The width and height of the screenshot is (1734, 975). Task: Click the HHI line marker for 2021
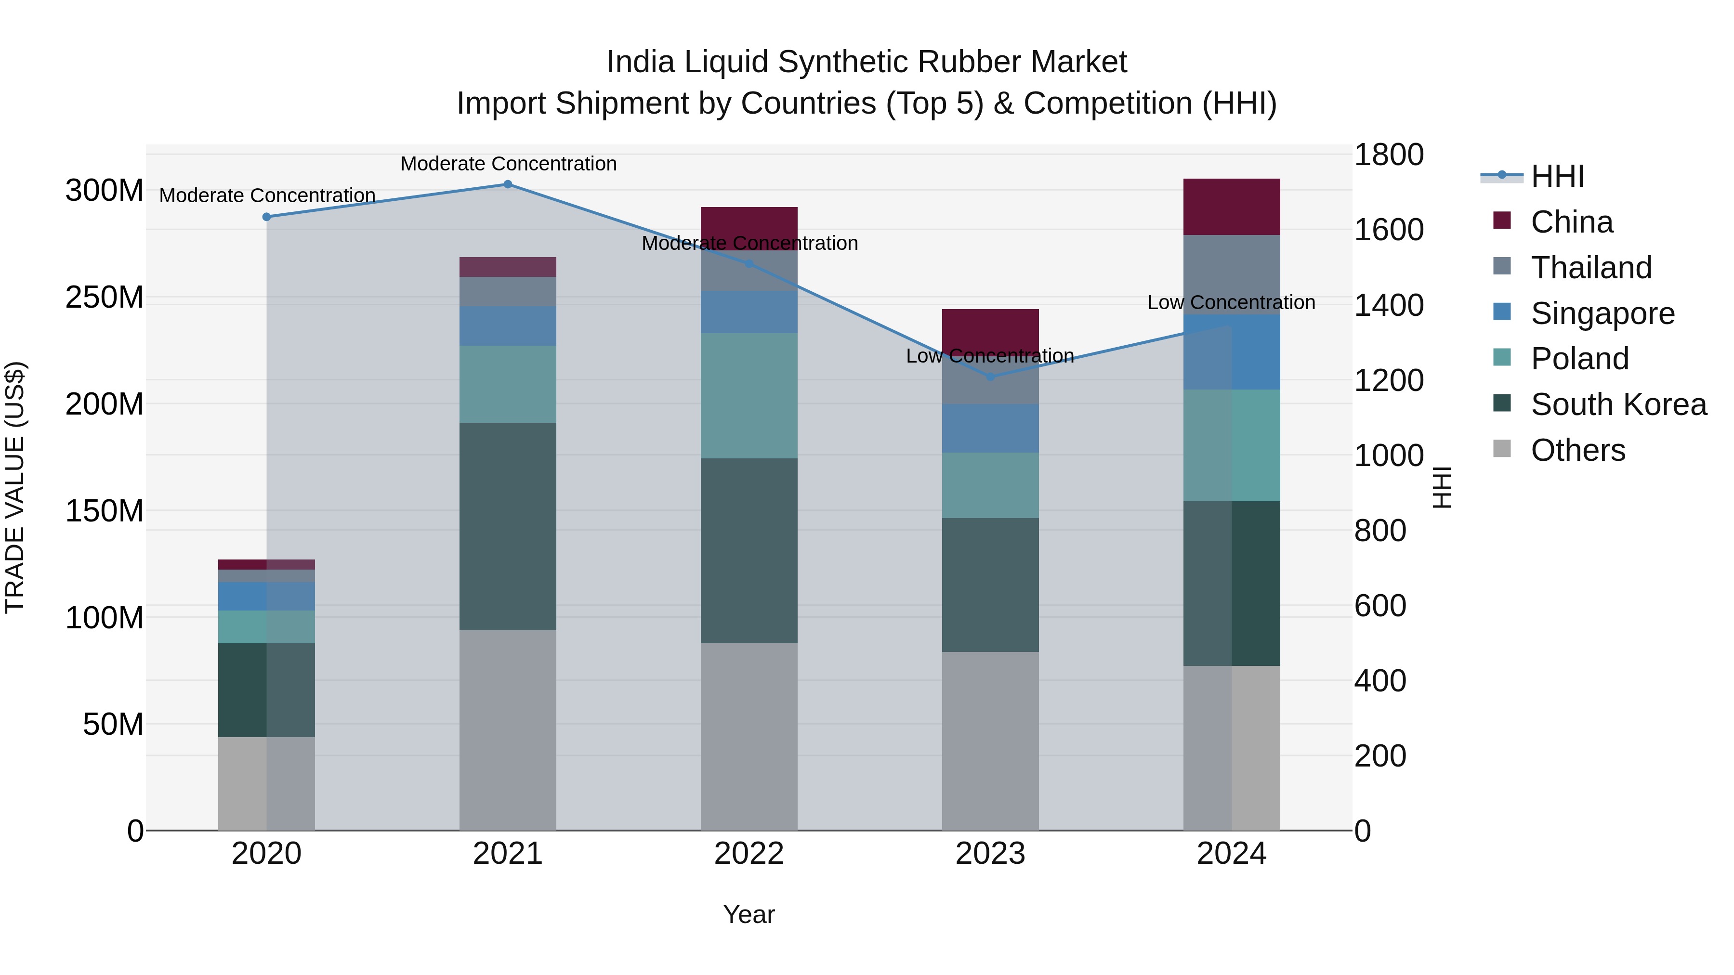[x=508, y=184]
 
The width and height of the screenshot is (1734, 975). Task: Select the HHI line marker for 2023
[x=990, y=377]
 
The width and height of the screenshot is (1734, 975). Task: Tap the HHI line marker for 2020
[x=266, y=217]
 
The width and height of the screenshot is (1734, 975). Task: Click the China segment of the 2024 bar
[x=1231, y=207]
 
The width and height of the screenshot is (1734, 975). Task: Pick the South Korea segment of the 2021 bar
[x=508, y=526]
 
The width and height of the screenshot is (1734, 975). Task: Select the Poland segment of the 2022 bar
[x=749, y=396]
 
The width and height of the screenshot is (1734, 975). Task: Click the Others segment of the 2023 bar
[x=990, y=740]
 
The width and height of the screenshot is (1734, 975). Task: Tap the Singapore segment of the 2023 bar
[x=990, y=428]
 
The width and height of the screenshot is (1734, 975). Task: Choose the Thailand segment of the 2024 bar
[x=1231, y=274]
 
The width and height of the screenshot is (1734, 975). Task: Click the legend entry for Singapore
[x=1602, y=313]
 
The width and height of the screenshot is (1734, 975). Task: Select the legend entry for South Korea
[x=1618, y=404]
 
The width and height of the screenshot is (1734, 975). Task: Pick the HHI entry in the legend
[x=1557, y=176]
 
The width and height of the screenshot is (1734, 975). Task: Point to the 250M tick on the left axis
[x=105, y=298]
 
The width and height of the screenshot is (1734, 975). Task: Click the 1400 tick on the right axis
[x=1388, y=305]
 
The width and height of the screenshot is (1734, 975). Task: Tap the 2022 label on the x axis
[x=749, y=854]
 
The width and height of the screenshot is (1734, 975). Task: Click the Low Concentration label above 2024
[x=1231, y=303]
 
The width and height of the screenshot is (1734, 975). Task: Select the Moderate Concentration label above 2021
[x=508, y=164]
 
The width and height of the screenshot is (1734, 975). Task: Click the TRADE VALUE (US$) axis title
[x=15, y=487]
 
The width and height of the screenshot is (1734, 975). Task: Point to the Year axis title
[x=749, y=914]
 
